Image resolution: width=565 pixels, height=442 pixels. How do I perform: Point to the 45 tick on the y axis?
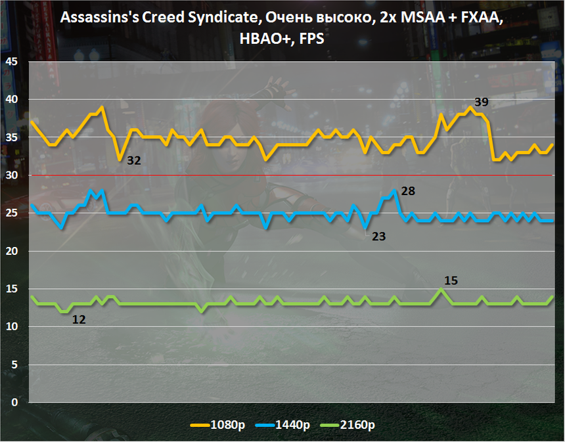point(11,62)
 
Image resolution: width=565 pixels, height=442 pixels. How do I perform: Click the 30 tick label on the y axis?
point(11,175)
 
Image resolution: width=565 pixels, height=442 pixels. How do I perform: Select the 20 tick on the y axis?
point(11,252)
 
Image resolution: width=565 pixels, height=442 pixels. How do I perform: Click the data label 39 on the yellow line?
point(481,102)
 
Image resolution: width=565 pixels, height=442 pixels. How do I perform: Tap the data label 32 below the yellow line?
point(134,160)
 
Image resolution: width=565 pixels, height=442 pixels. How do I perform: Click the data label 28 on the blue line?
point(408,191)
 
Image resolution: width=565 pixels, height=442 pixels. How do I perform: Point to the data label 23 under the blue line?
point(378,236)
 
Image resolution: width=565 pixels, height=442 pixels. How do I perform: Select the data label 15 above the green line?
point(451,280)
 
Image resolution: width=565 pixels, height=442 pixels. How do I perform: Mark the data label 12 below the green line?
point(79,320)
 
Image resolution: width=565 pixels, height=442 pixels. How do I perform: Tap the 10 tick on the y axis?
point(11,327)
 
